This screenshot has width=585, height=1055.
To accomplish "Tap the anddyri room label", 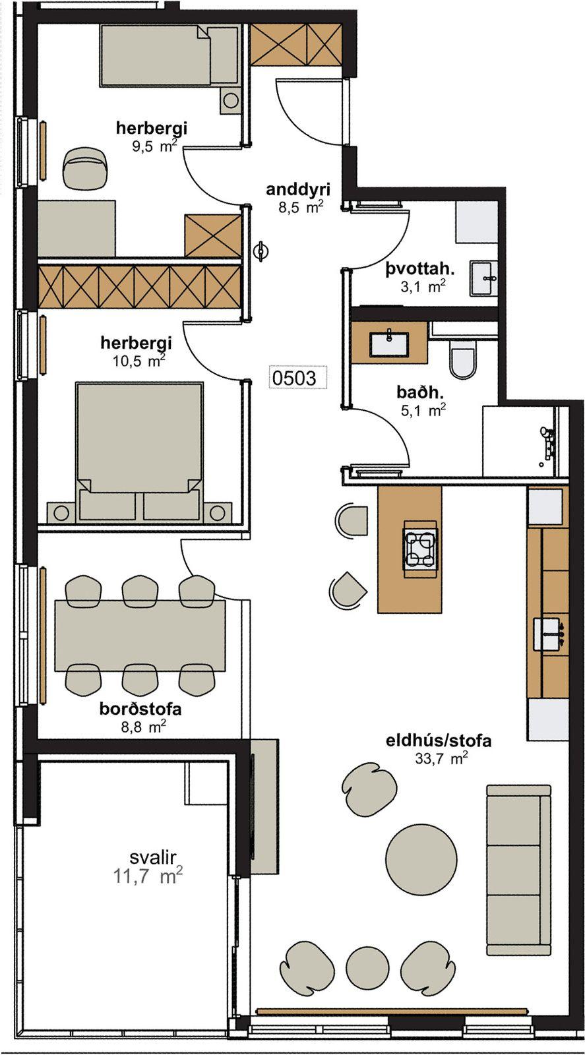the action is [298, 190].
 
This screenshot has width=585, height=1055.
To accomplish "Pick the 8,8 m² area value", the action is [143, 727].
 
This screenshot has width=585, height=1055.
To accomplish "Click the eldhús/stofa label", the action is [439, 741].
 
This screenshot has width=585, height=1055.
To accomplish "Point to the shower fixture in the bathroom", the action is [547, 442].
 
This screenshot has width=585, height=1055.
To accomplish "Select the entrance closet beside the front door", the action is [295, 44].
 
